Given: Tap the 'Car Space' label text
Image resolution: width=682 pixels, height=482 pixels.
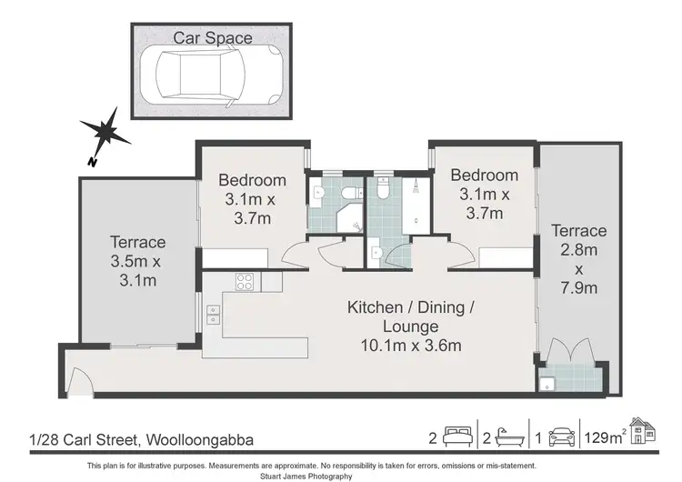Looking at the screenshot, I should [213, 38].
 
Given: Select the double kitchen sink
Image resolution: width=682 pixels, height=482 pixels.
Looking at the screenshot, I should [214, 314].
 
